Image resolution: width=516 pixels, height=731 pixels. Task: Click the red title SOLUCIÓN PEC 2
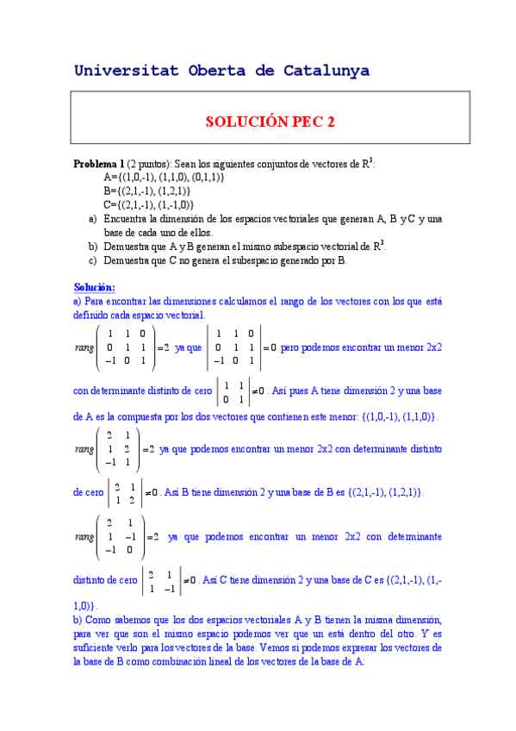click(270, 122)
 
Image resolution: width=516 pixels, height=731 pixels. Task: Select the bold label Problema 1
click(99, 164)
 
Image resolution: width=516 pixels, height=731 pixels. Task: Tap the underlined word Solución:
click(95, 287)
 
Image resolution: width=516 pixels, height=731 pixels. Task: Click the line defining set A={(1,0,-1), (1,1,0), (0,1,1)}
click(163, 177)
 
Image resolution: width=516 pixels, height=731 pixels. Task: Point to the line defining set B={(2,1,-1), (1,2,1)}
click(146, 191)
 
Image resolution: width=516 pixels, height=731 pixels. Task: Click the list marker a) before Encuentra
click(93, 219)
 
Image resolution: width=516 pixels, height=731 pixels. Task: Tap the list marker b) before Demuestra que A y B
click(93, 246)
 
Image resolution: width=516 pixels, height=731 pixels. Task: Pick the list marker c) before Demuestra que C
click(93, 259)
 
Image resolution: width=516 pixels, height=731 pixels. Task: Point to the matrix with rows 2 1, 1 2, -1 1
click(120, 449)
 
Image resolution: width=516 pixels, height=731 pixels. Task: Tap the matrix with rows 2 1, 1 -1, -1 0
click(120, 536)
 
